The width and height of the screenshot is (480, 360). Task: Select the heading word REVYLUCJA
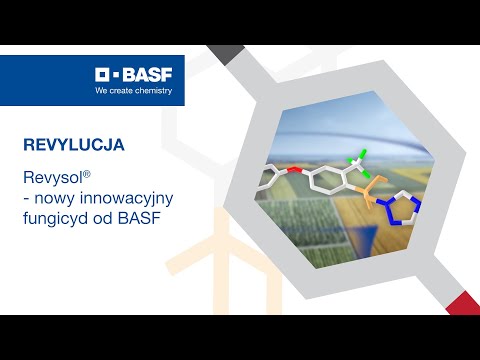coord(73,144)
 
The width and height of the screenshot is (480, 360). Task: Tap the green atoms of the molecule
coord(356,160)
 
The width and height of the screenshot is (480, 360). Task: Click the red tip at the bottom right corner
coord(462,299)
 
